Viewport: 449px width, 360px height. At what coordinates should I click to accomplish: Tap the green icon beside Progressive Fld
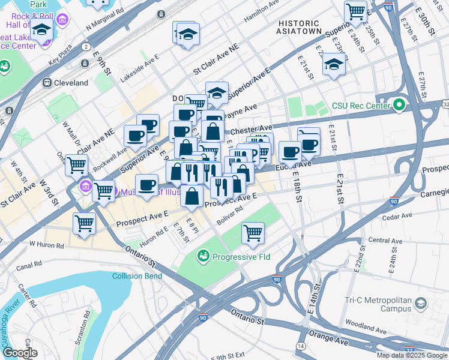[x=204, y=257]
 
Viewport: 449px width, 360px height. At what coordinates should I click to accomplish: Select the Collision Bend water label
[x=136, y=276]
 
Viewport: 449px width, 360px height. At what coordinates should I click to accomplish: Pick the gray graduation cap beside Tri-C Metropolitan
[x=421, y=304]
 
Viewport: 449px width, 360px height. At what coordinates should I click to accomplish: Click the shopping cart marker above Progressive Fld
[x=253, y=233]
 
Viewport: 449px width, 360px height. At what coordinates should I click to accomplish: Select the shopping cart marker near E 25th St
[x=355, y=11]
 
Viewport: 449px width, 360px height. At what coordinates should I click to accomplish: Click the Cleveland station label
[x=71, y=83]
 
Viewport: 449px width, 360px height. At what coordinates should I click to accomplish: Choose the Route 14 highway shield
[x=300, y=346]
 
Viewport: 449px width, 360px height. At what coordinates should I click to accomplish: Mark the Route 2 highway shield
[x=86, y=46]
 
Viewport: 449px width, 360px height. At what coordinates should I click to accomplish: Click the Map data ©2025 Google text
[x=412, y=355]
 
